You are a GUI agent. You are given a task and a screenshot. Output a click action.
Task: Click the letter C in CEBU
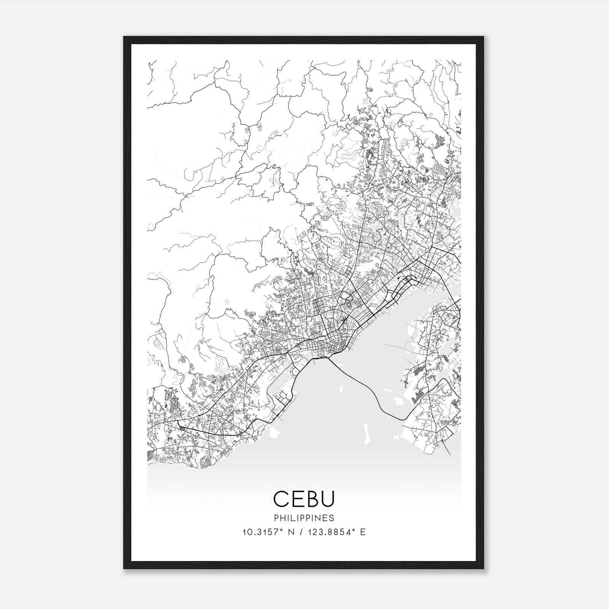[282, 499]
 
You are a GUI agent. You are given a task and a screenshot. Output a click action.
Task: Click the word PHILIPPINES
[304, 518]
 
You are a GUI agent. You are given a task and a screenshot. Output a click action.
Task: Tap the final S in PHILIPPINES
[332, 518]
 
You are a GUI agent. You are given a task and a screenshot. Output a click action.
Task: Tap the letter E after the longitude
[363, 532]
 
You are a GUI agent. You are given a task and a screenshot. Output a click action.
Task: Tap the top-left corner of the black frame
[124, 37]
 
